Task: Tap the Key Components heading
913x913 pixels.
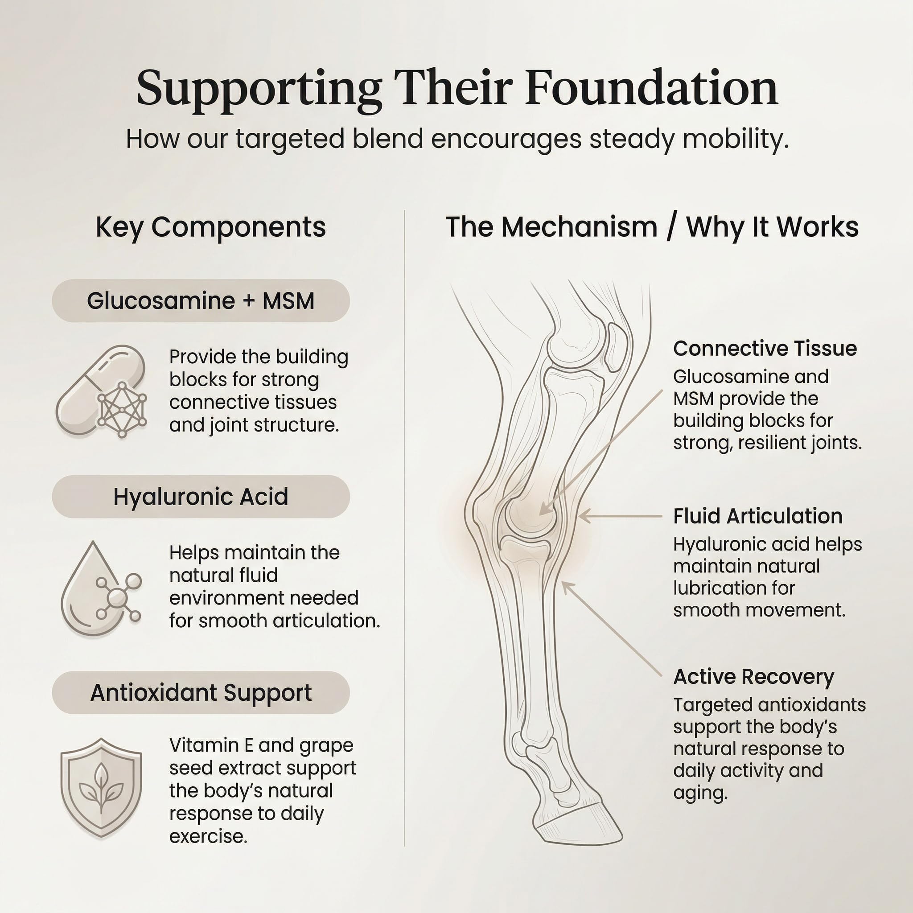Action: point(211,227)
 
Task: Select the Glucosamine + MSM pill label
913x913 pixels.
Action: point(201,300)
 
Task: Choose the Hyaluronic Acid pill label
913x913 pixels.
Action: point(201,497)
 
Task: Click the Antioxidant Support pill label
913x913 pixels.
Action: point(201,693)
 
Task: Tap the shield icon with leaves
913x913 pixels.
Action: point(101,787)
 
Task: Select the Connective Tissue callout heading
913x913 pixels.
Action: point(765,348)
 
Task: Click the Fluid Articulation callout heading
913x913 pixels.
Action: point(758,516)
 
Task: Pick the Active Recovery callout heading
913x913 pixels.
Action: point(754,677)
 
